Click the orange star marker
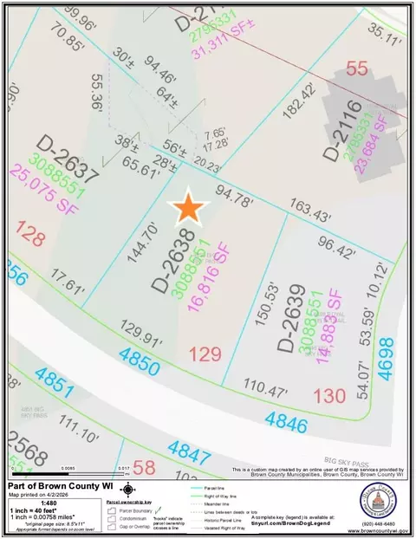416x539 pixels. [188, 208]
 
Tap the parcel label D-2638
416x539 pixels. [170, 259]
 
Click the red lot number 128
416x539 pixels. [29, 233]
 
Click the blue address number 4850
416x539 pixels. [117, 359]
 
